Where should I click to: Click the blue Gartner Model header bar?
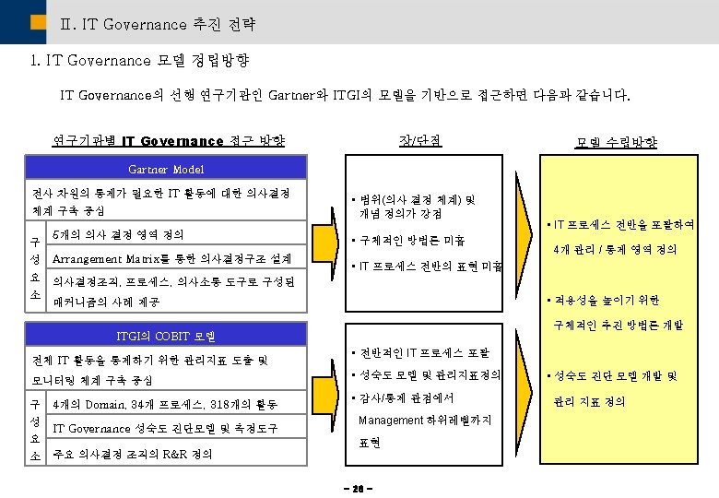(x=166, y=168)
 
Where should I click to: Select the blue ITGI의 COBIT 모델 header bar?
(x=166, y=335)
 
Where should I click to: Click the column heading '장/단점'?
(x=418, y=140)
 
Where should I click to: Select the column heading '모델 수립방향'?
(x=616, y=142)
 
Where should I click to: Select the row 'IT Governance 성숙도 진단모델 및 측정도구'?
(x=165, y=429)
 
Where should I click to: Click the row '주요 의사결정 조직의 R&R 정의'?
(x=133, y=454)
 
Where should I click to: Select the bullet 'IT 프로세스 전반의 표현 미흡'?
(x=430, y=267)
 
